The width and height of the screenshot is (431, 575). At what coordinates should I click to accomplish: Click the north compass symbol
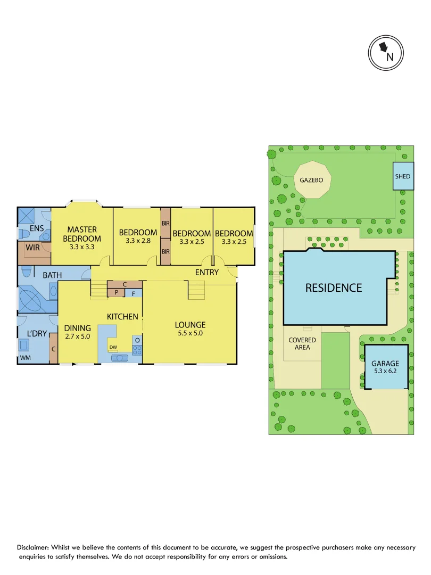click(387, 52)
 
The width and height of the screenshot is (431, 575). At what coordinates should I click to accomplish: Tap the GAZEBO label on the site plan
click(312, 180)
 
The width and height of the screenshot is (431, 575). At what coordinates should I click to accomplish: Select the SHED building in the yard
click(403, 176)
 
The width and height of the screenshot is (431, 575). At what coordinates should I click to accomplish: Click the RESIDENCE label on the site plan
click(333, 288)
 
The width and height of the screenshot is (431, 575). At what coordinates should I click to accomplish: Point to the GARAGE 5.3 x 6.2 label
click(385, 367)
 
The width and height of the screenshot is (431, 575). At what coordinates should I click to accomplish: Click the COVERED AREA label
click(302, 343)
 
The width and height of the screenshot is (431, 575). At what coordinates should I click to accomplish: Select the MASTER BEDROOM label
click(81, 234)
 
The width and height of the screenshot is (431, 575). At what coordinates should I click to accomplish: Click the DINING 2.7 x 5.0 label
click(78, 332)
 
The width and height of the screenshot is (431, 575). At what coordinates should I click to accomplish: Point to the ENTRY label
click(207, 272)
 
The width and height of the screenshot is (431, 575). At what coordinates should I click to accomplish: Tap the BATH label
click(52, 275)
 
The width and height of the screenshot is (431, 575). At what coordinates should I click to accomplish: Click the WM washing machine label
click(24, 359)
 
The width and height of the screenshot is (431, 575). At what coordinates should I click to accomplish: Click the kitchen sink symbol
click(120, 358)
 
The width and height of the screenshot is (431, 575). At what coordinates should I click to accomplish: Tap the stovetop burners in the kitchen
click(137, 350)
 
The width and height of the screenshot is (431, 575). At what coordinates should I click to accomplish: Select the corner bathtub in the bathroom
click(32, 298)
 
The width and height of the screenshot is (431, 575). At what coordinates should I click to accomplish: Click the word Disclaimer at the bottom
click(34, 547)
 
